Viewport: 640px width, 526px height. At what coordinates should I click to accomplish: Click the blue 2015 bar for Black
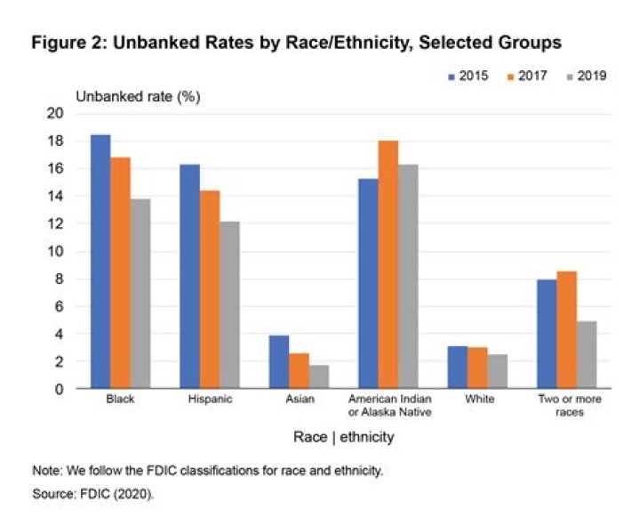(x=100, y=263)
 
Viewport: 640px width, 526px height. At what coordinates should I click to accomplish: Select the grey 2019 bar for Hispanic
(x=228, y=305)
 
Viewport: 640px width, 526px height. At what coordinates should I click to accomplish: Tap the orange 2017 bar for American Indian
(x=387, y=265)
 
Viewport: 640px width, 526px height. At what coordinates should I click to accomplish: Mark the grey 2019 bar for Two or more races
(x=586, y=355)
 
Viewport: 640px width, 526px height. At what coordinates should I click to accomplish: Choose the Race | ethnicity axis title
(x=344, y=438)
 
